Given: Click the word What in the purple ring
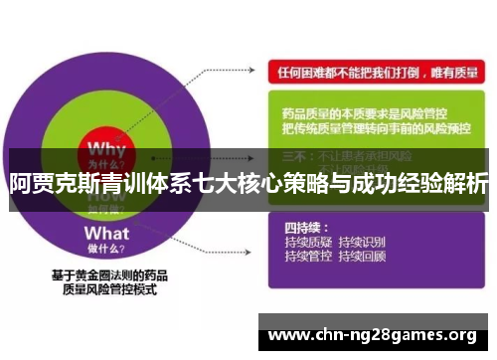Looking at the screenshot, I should click(x=106, y=233).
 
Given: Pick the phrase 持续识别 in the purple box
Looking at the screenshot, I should click(x=362, y=242).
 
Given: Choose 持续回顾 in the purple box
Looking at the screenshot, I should click(x=362, y=256).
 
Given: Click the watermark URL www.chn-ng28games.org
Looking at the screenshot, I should click(x=373, y=333).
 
